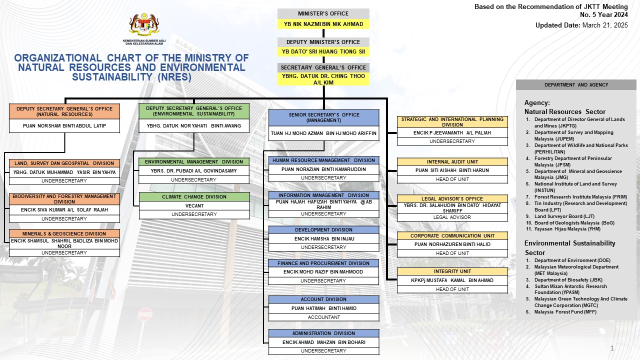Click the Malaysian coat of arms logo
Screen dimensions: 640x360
[x=144, y=24]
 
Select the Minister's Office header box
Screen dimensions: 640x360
[x=323, y=13]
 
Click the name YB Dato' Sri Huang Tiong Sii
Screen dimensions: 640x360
[x=323, y=51]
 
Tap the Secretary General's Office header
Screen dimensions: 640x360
[x=323, y=67]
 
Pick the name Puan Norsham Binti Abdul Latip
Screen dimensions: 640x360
[x=64, y=125]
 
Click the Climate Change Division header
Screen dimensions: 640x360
[x=194, y=197]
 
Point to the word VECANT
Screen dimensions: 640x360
[x=194, y=205]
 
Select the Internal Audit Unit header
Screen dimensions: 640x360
[x=452, y=161]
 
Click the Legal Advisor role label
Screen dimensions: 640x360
[x=452, y=217]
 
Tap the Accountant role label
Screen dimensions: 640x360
[x=323, y=317]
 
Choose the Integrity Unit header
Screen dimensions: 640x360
[x=452, y=271]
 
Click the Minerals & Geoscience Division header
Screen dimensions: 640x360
[x=64, y=233]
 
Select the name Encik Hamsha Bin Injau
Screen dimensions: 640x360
[x=324, y=239]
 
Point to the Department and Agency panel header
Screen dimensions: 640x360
[x=576, y=85]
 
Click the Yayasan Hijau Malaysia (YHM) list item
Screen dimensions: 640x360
[x=567, y=229]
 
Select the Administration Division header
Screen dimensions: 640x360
[x=323, y=333]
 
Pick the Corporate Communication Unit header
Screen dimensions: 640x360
[x=452, y=236]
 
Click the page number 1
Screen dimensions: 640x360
[x=612, y=348]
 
